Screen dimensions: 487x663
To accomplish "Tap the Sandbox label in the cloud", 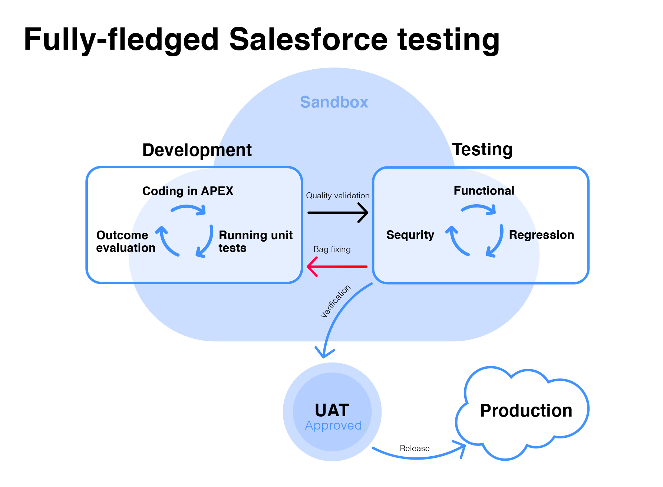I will [334, 102].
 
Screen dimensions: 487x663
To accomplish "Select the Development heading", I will [197, 150].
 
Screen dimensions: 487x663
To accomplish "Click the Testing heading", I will [482, 149].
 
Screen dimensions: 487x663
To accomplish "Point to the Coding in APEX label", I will [188, 191].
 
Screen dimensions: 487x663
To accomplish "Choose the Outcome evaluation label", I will [126, 241].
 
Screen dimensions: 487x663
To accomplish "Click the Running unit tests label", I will [255, 241].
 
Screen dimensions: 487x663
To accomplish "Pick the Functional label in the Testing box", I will [484, 191].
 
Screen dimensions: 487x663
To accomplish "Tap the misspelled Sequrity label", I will [410, 235].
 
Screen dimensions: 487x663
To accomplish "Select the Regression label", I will [541, 235].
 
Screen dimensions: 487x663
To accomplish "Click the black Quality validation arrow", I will [337, 212].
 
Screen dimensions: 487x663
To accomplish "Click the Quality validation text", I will [337, 196].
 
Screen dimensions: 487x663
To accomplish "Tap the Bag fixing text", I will [332, 249].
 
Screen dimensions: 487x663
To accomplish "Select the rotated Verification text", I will [336, 301].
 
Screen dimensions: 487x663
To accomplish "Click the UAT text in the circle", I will [332, 410].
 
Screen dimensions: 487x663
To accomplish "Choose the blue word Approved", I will [333, 425].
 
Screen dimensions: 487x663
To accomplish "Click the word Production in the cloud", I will [526, 411].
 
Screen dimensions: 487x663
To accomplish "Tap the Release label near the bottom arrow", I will [415, 448].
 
